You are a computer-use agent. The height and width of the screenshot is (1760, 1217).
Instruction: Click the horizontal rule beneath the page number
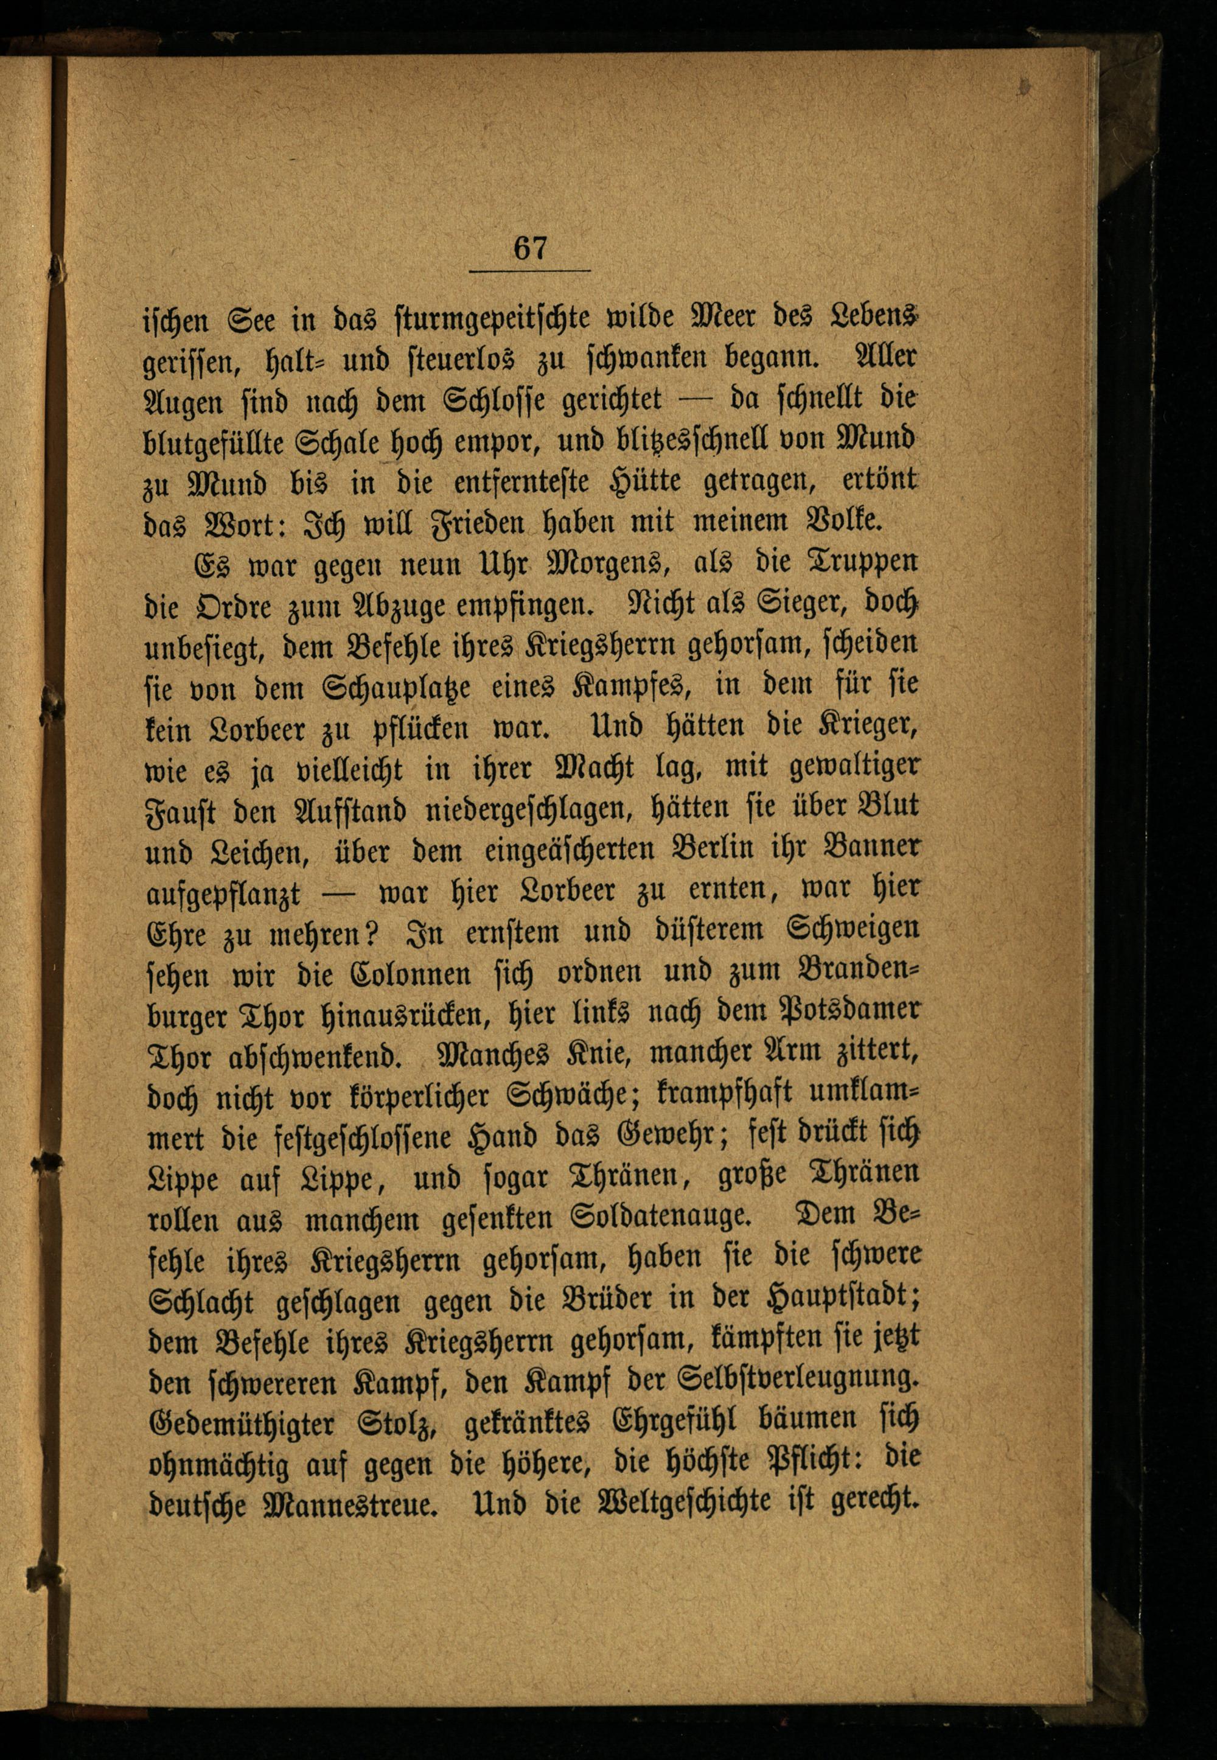pos(530,271)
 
